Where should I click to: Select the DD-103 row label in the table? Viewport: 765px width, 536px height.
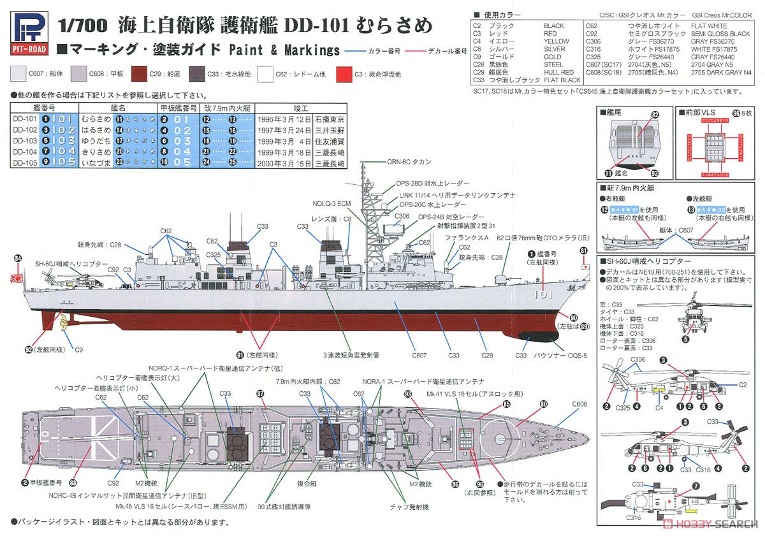[x=24, y=140]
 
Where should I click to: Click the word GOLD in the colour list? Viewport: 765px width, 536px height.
[x=552, y=57]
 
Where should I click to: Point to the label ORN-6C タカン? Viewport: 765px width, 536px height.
[x=409, y=162]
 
